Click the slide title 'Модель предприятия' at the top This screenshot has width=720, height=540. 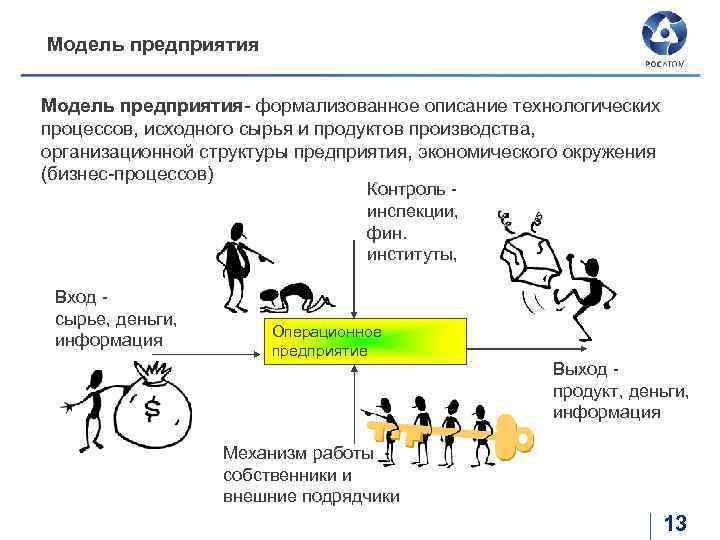[153, 45]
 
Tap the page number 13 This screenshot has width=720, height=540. [675, 522]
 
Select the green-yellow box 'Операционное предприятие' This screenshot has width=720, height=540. [364, 342]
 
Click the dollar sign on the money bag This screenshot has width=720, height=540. [152, 407]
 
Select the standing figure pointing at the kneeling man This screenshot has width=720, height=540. [238, 255]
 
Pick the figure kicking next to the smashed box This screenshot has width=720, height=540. [589, 285]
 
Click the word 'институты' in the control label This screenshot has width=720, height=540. [411, 254]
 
